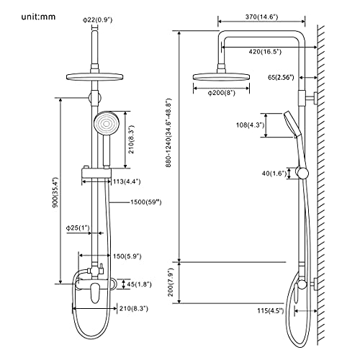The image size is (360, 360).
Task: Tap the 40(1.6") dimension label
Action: [274, 173]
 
